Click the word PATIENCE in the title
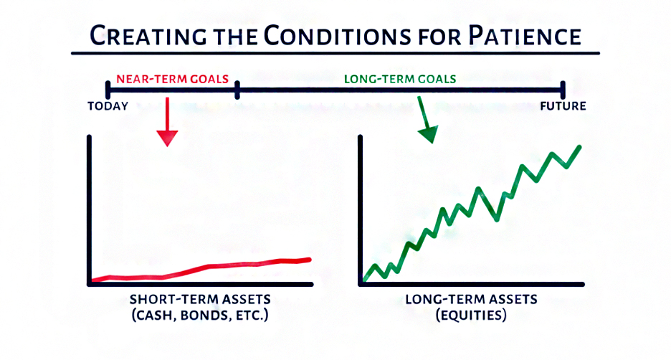tap(525, 36)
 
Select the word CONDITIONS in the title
tap(337, 36)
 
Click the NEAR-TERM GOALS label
tap(173, 79)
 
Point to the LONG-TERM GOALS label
tap(400, 79)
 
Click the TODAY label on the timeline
tap(108, 106)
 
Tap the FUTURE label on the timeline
tap(563, 106)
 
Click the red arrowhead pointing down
tap(167, 138)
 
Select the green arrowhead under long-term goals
tap(429, 134)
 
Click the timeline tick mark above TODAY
tap(108, 90)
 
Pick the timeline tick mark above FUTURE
tap(563, 90)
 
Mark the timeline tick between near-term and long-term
tap(237, 90)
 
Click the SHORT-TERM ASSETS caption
tap(200, 299)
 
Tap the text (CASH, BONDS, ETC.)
tap(200, 316)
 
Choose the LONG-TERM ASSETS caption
tap(471, 299)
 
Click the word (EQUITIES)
tap(471, 316)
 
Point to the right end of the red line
tap(310, 260)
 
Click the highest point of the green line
tap(580, 147)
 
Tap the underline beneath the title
tap(335, 54)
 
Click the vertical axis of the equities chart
tap(361, 209)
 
